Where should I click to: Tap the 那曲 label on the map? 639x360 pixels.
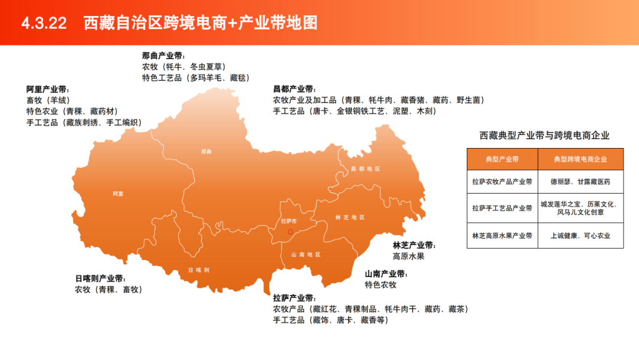pyautogui.click(x=206, y=152)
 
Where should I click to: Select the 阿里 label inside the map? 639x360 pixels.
pyautogui.click(x=118, y=194)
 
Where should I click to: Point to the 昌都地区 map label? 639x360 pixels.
pyautogui.click(x=365, y=169)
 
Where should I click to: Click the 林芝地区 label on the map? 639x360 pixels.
pyautogui.click(x=350, y=217)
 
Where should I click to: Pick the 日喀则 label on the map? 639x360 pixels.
pyautogui.click(x=199, y=269)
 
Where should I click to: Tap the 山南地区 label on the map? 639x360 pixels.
pyautogui.click(x=305, y=255)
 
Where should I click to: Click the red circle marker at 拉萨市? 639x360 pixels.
pyautogui.click(x=291, y=232)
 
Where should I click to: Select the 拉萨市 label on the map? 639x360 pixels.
pyautogui.click(x=289, y=221)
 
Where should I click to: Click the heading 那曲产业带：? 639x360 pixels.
pyautogui.click(x=163, y=56)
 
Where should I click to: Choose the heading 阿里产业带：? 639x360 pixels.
pyautogui.click(x=47, y=89)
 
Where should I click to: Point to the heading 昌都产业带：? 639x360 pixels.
pyautogui.click(x=294, y=89)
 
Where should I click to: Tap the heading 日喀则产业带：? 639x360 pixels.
pyautogui.click(x=101, y=278)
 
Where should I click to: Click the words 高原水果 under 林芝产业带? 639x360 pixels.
pyautogui.click(x=408, y=256)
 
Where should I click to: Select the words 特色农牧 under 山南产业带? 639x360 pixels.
pyautogui.click(x=380, y=285)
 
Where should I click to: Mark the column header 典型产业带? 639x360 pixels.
pyautogui.click(x=502, y=159)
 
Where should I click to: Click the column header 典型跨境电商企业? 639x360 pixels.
pyautogui.click(x=580, y=159)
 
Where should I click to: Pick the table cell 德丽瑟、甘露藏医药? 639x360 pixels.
pyautogui.click(x=580, y=182)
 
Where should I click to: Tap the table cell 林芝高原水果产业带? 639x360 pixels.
pyautogui.click(x=502, y=236)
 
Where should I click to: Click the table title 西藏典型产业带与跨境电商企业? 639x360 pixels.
pyautogui.click(x=544, y=136)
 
